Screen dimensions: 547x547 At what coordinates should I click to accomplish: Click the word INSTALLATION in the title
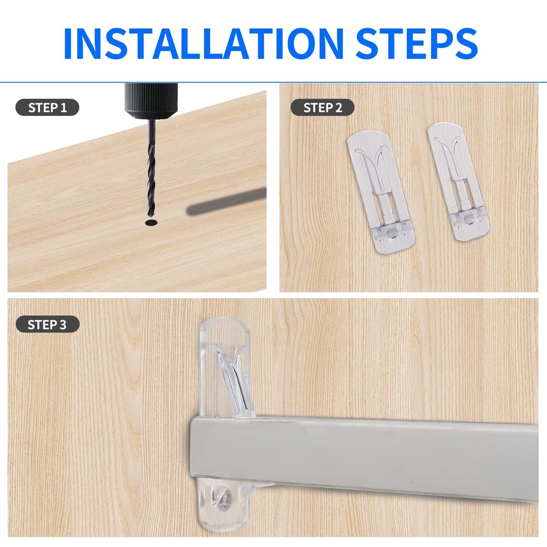coord(202,42)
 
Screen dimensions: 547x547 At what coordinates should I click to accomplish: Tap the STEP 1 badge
coord(47,107)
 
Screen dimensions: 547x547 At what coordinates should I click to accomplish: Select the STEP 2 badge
coord(322,107)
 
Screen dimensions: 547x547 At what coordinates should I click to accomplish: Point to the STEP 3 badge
coord(47,324)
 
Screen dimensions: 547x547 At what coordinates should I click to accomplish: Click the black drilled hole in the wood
coord(150,223)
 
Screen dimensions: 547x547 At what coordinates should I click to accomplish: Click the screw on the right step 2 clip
coord(469,222)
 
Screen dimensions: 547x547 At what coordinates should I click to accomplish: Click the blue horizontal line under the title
coord(273,82)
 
